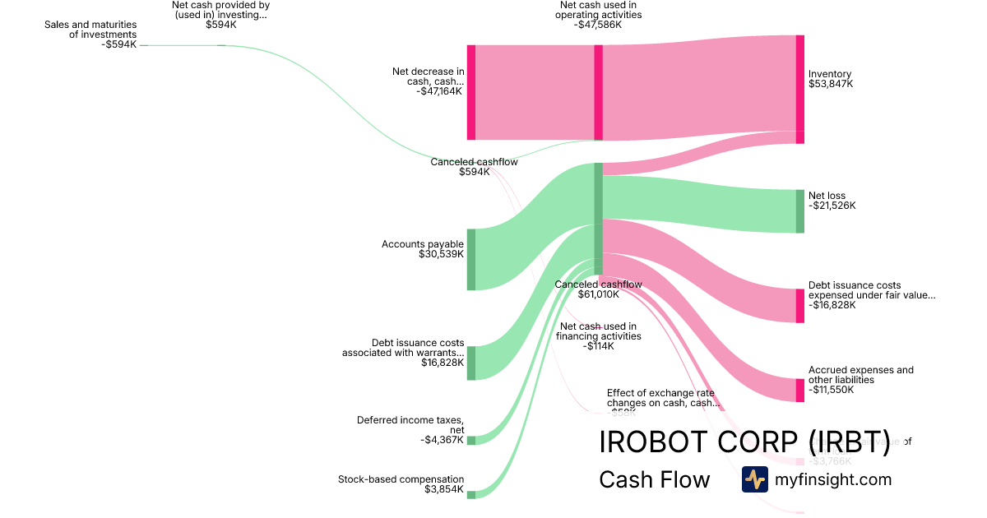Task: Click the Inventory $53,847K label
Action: [x=831, y=79]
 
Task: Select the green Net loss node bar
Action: [x=799, y=211]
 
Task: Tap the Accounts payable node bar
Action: [x=471, y=260]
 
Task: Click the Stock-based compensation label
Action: [x=401, y=484]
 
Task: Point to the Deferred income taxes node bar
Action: [x=471, y=441]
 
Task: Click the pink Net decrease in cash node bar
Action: [x=471, y=92]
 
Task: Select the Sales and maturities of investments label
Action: [x=90, y=35]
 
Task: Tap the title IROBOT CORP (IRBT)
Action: [x=744, y=442]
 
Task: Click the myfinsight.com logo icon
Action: [x=754, y=479]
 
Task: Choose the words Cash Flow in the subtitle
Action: [x=654, y=479]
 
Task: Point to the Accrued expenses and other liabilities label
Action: [x=860, y=380]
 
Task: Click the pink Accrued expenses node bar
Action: [x=799, y=390]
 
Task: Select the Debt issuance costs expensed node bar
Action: [x=799, y=306]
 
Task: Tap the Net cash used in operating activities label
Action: [x=598, y=15]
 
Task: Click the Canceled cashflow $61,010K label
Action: [x=598, y=289]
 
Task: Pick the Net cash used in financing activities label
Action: [x=598, y=336]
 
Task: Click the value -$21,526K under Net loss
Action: [x=832, y=206]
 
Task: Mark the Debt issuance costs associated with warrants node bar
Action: [x=471, y=363]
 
